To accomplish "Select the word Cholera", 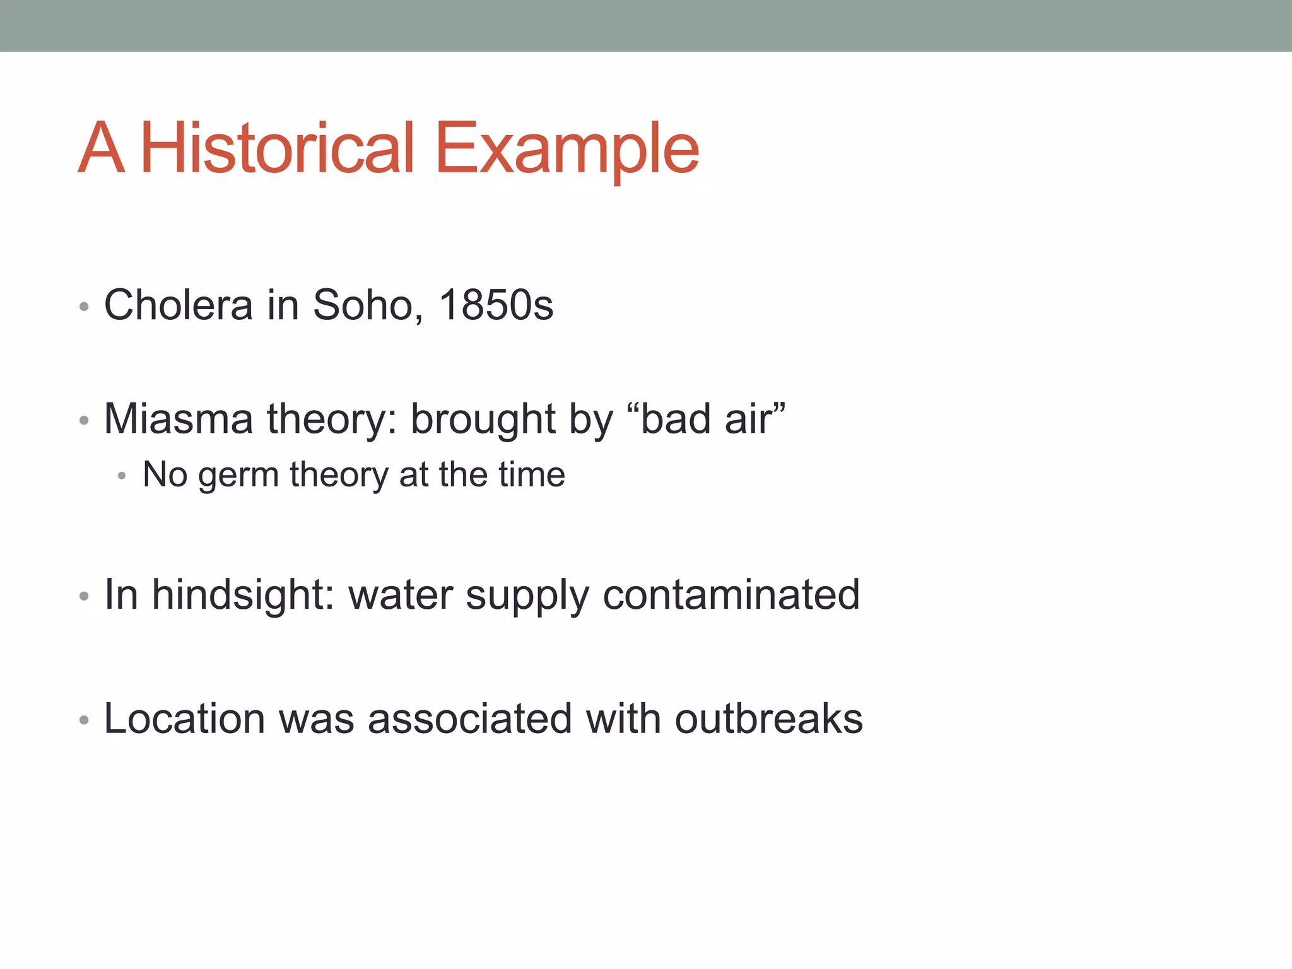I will [x=179, y=305].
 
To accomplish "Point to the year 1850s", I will [x=496, y=305].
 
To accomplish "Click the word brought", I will [x=483, y=420].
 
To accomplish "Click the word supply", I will [x=527, y=596].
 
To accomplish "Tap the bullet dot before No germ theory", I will [x=122, y=476].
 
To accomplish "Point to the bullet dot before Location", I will [x=84, y=720].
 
